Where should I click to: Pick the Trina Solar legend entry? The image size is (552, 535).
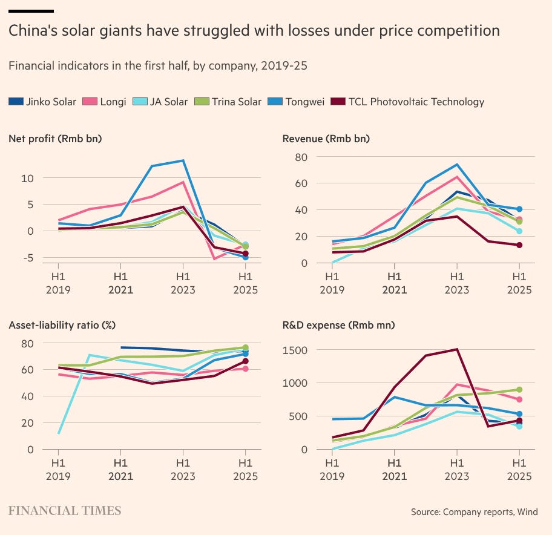[228, 102]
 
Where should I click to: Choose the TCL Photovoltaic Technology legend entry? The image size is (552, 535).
[409, 102]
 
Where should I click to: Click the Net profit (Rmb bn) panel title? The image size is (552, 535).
[55, 139]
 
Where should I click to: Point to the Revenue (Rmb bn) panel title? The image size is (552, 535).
[326, 139]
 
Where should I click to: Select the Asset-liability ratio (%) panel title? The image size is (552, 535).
[62, 325]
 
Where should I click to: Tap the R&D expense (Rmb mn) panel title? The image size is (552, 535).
[338, 325]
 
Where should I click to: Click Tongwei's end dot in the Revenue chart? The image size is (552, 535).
[519, 209]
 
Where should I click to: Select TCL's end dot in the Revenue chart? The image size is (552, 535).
[519, 245]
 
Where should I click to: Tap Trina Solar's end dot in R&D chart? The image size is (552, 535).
[519, 390]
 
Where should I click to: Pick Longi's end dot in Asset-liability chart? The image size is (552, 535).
[245, 369]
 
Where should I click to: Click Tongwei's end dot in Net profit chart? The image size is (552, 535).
[245, 257]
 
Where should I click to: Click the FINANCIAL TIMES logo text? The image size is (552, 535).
[65, 511]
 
